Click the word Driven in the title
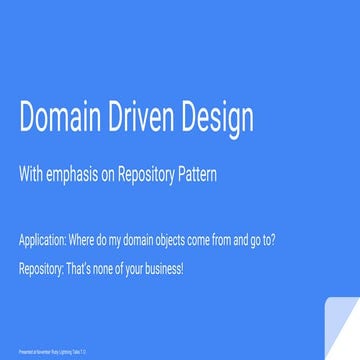click(x=150, y=118)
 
